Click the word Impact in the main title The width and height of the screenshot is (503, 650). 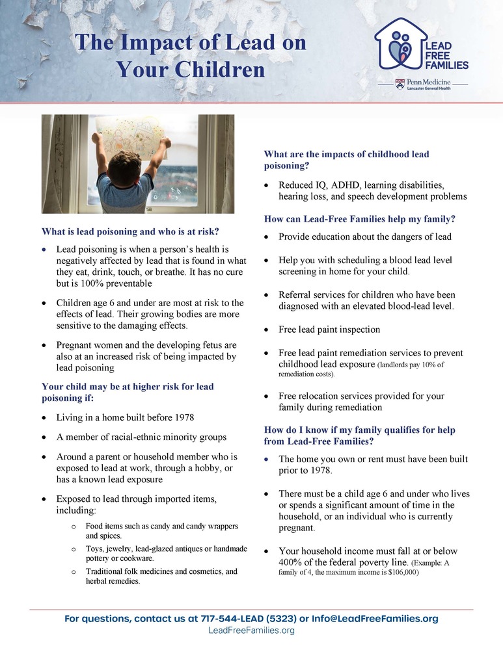coord(154,43)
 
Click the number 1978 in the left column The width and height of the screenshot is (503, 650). coord(180,417)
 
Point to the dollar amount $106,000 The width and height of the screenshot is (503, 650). coord(400,572)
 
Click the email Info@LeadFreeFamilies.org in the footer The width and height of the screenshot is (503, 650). coord(375,619)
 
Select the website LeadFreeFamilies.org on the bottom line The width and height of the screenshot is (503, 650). coord(251,631)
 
